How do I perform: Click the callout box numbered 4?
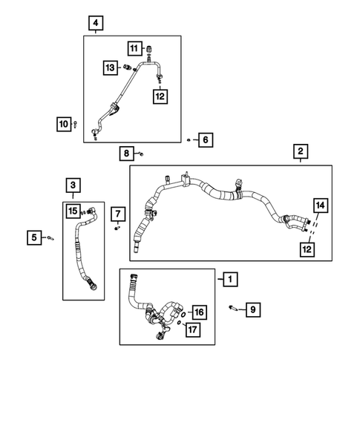tap(94, 23)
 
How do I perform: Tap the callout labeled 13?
tap(109, 68)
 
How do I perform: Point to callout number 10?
tap(63, 123)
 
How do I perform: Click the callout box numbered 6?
tap(206, 139)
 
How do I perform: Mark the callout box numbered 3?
tap(73, 184)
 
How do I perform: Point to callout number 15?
tap(73, 211)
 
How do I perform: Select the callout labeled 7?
tap(117, 214)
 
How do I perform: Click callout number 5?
tap(33, 237)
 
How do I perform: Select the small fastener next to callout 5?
tap(50, 238)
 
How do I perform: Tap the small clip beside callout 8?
tap(140, 154)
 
